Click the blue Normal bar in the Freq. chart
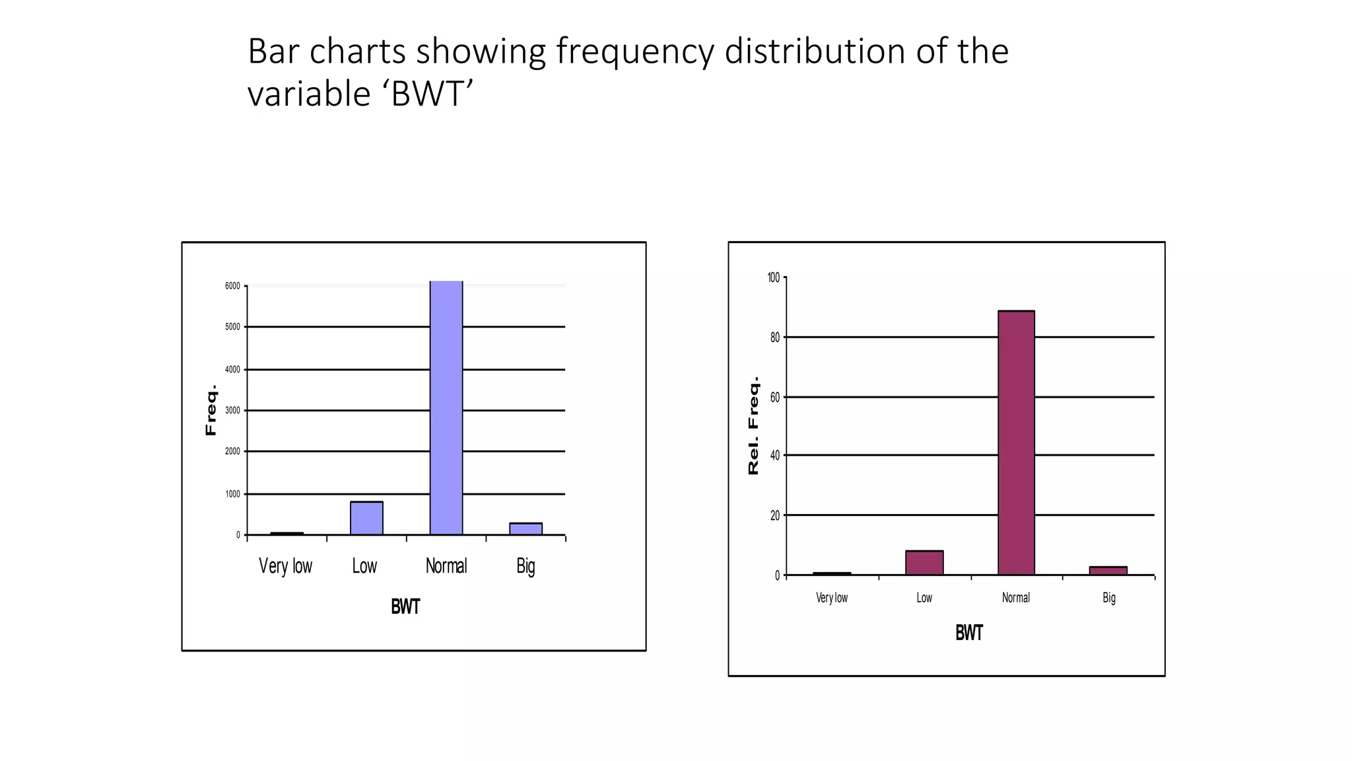point(446,408)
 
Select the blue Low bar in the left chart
point(366,518)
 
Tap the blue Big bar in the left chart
point(525,528)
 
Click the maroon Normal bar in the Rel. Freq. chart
point(1016,443)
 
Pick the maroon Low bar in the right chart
point(924,563)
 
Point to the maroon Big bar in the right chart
point(1108,571)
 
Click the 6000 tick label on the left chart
point(232,286)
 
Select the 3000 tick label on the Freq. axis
point(232,410)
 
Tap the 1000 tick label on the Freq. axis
point(232,494)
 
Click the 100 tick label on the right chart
point(774,277)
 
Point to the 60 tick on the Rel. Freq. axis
point(775,397)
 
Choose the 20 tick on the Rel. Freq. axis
point(775,515)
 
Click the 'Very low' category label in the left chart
point(285,566)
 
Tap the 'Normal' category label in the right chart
point(1015,598)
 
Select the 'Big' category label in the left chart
point(525,566)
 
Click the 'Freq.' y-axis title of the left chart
point(211,410)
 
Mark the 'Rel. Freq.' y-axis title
point(753,425)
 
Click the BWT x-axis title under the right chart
point(969,633)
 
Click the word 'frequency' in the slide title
point(634,52)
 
